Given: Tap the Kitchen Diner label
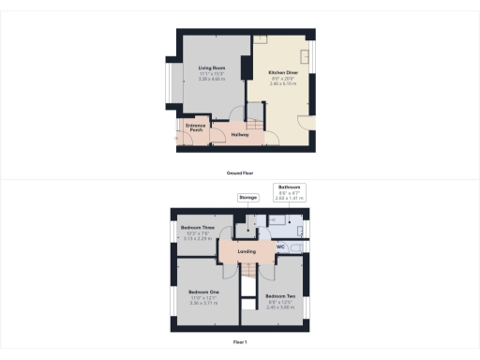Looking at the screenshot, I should click(283, 72).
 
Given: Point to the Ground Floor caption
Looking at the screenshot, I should click(239, 173).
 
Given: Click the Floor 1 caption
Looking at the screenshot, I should click(239, 342).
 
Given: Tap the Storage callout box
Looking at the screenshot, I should click(247, 198).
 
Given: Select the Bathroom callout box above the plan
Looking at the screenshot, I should click(287, 192).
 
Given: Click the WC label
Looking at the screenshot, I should click(280, 247).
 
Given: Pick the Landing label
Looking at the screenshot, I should click(247, 252).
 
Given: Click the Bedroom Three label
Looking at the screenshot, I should click(198, 228).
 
